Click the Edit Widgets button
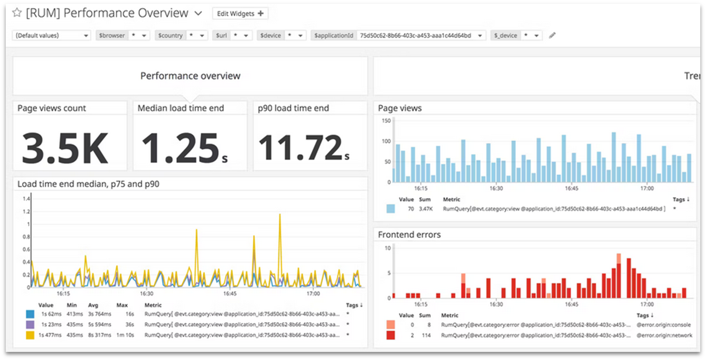click(x=240, y=14)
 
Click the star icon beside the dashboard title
click(x=17, y=13)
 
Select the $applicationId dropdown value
click(x=421, y=35)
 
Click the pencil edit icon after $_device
click(x=552, y=35)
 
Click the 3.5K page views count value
click(x=65, y=148)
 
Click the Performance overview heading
click(x=190, y=76)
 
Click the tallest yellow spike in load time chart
click(x=280, y=215)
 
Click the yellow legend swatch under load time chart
click(x=30, y=335)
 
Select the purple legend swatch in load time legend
click(x=30, y=324)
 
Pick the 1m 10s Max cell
click(x=125, y=335)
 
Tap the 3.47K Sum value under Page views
click(x=425, y=209)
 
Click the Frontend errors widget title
click(x=409, y=234)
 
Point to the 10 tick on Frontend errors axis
click(x=388, y=248)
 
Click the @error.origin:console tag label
click(x=663, y=325)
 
